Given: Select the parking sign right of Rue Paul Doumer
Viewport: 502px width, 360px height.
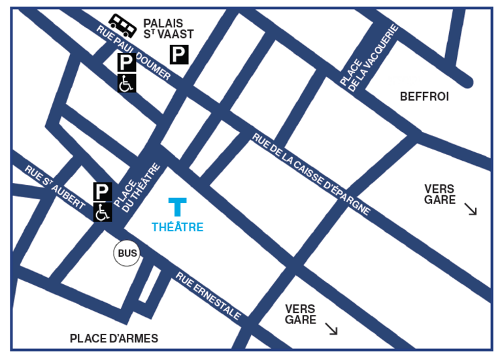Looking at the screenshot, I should click(179, 55).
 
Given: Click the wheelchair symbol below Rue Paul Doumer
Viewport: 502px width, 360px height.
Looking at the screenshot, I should click(126, 83).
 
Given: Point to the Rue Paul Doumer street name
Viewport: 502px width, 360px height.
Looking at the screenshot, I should click(133, 53).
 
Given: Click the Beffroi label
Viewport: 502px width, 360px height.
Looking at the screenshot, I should click(424, 97).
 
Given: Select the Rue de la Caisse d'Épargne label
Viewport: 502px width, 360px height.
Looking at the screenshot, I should click(312, 174).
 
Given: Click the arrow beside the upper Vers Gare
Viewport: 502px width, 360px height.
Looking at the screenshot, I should click(471, 209).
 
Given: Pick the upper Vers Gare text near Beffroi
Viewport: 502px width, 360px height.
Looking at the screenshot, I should click(439, 195).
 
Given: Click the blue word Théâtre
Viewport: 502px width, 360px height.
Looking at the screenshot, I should click(177, 227).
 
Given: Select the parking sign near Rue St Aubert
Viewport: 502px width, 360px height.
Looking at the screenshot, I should click(103, 191).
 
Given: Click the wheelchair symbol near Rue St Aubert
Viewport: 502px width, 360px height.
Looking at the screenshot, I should click(103, 212).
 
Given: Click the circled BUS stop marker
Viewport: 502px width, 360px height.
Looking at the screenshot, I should click(127, 253).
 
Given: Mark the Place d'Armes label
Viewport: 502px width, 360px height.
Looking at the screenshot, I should click(114, 338).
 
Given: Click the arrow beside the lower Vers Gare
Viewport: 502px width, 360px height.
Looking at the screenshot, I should click(331, 329).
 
